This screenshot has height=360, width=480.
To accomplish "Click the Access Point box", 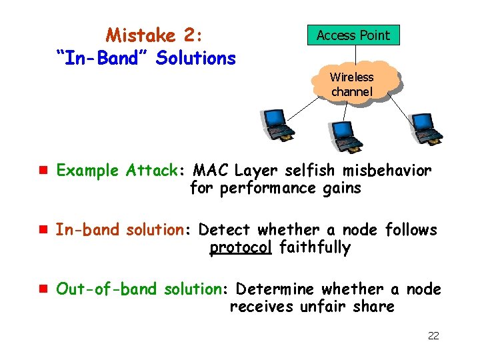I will coord(353,35).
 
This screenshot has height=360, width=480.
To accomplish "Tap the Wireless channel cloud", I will coord(352,84).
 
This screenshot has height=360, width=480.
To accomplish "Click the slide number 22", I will coord(433,335).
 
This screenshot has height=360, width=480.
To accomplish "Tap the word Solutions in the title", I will coord(196,59).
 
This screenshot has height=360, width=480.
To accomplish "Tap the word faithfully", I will coord(315,248).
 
